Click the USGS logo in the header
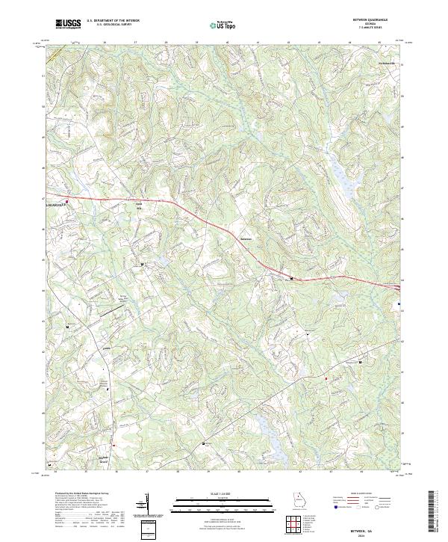pyautogui.click(x=68, y=25)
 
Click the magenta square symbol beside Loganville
pyautogui.click(x=67, y=201)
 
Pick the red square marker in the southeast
pyautogui.click(x=326, y=379)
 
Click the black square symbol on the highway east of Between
pyautogui.click(x=291, y=279)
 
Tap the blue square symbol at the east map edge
pyautogui.click(x=399, y=304)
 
